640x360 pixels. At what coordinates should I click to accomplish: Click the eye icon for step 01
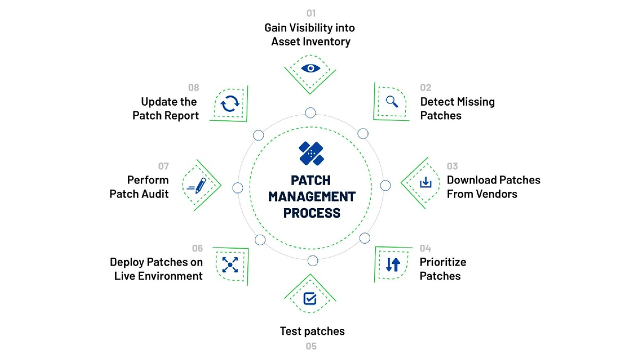(310, 68)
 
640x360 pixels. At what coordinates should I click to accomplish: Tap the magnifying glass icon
(392, 101)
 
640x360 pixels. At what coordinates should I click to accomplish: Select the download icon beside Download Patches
(425, 183)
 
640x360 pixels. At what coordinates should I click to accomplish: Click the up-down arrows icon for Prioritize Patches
(393, 264)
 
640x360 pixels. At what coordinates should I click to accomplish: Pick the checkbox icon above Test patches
(310, 298)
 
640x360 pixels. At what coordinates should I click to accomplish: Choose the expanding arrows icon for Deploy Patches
(230, 264)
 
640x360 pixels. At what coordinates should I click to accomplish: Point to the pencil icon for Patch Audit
(198, 186)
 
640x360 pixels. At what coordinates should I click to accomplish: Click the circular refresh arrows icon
(230, 103)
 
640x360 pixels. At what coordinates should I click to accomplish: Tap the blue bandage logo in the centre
(312, 153)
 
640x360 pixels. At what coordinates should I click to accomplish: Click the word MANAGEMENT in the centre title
(311, 196)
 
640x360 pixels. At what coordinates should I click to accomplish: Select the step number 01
(311, 13)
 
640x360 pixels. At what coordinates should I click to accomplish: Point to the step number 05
(311, 346)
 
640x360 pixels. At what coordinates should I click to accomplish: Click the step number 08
(194, 88)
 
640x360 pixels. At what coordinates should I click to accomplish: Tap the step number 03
(452, 166)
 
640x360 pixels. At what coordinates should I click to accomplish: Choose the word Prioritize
(443, 262)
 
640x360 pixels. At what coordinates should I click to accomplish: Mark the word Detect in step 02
(436, 101)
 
